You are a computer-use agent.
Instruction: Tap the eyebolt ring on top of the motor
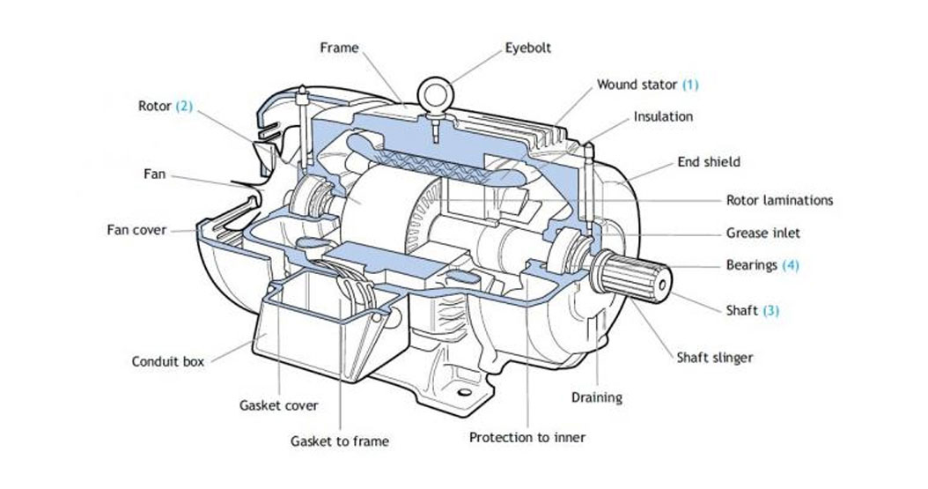[435, 92]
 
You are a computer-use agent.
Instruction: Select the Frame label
[338, 48]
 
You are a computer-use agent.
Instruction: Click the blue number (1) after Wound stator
[689, 85]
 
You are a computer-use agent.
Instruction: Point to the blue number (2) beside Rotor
[183, 106]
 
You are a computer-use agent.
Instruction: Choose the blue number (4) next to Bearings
[790, 264]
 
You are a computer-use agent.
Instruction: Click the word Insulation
[663, 116]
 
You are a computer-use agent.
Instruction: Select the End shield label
[709, 162]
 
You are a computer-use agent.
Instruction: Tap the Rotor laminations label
[779, 200]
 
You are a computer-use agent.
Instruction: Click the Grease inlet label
[762, 233]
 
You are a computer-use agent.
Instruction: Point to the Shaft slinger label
[714, 358]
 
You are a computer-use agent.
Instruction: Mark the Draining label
[596, 397]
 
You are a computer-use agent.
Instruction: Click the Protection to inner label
[527, 437]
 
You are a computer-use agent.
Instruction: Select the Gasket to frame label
[339, 441]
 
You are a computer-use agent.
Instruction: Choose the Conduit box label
[168, 361]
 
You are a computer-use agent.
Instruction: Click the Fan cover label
[136, 230]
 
